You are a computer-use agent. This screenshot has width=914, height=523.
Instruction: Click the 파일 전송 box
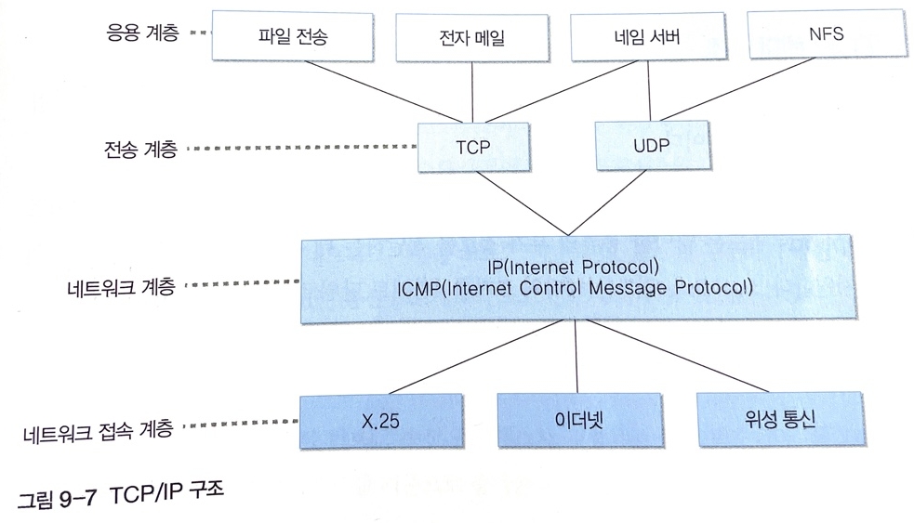(294, 36)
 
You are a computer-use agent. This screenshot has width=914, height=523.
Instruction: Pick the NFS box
(827, 36)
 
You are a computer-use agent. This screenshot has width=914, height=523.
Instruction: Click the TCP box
(472, 148)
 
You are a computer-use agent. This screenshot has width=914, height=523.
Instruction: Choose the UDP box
(651, 147)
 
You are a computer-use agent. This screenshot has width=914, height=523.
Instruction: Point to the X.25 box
(379, 421)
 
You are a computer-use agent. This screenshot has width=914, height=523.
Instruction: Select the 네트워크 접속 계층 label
(98, 430)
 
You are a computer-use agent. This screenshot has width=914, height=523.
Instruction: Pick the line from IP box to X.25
(465, 359)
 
